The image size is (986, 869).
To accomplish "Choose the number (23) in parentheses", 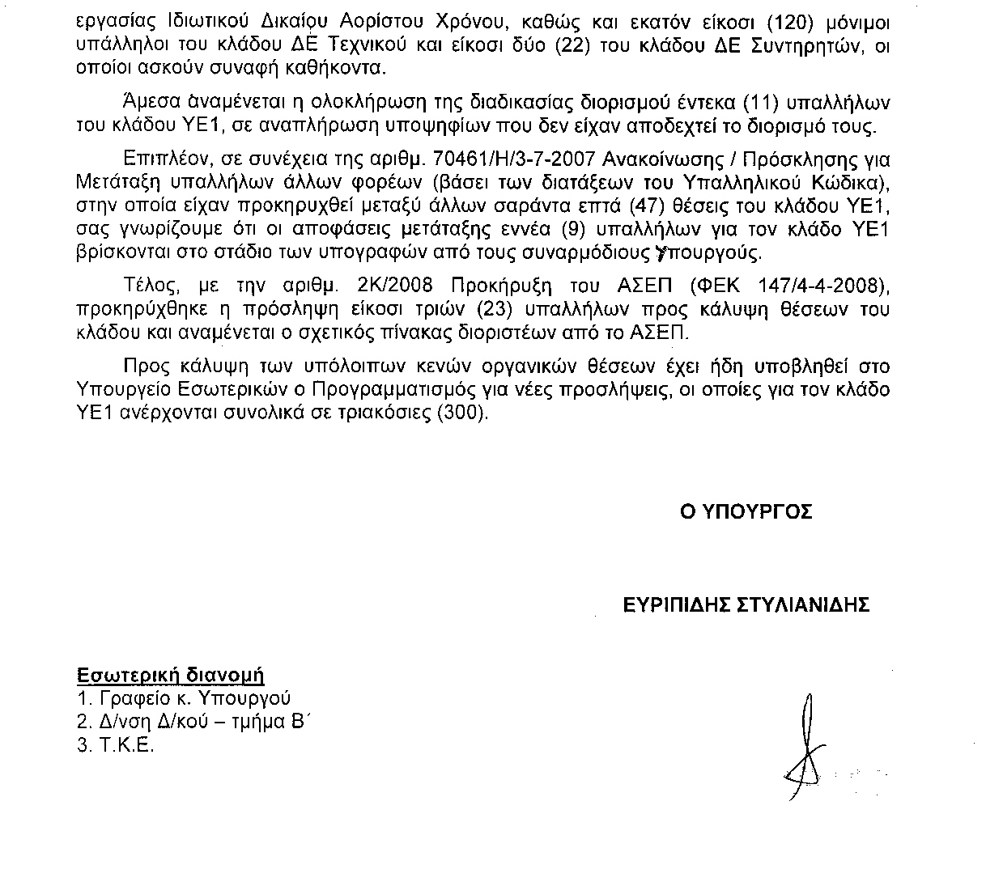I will [x=496, y=309].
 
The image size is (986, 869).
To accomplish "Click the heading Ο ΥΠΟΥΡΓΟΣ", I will [x=746, y=512].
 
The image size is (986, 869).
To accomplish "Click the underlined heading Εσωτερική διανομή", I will [x=171, y=675].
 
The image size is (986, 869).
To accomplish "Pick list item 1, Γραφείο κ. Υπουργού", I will [x=184, y=698].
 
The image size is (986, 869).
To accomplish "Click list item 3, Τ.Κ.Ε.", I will [x=115, y=746].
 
